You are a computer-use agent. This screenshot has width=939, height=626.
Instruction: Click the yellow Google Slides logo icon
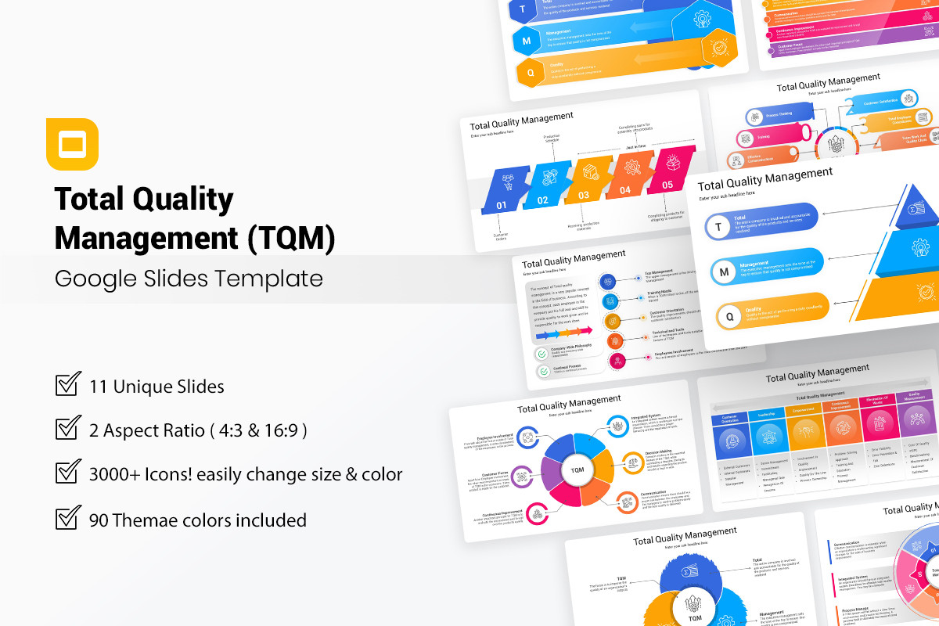72,144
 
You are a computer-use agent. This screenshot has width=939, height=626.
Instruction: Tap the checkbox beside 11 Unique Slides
68,385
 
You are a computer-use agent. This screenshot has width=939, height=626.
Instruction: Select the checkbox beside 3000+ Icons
68,473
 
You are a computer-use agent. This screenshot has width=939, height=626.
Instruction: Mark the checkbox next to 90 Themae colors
68,519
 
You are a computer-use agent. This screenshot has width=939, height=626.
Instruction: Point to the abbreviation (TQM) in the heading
291,237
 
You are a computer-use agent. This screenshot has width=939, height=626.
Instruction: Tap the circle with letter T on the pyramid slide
718,226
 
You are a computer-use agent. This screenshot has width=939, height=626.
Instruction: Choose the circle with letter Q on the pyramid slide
730,317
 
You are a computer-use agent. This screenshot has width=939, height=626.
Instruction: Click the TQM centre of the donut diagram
577,469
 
